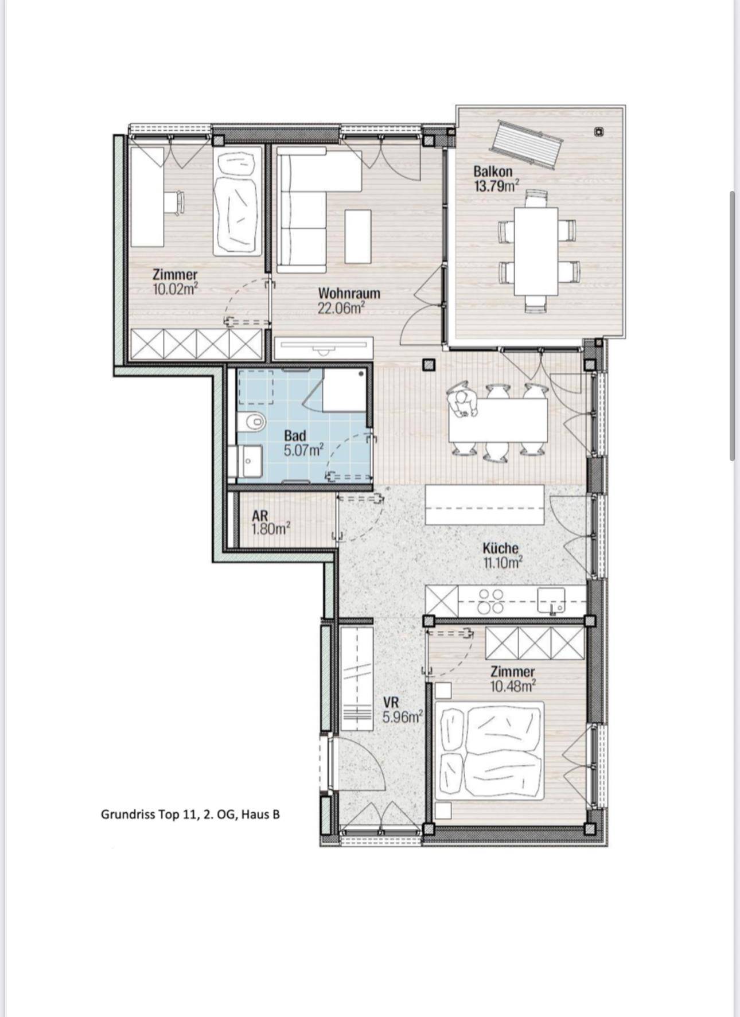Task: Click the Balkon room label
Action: click(x=493, y=171)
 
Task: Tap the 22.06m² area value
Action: click(x=342, y=308)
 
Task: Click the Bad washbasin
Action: click(x=250, y=461)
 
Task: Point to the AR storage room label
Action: click(x=260, y=516)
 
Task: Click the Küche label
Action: click(x=500, y=548)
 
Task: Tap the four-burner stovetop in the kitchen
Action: click(x=491, y=601)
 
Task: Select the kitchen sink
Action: click(x=551, y=601)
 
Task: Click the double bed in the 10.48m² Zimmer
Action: click(x=489, y=750)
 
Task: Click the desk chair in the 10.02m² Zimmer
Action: click(x=176, y=202)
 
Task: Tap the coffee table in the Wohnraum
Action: click(x=358, y=236)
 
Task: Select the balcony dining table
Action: click(x=536, y=251)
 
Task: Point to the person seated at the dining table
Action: click(x=464, y=402)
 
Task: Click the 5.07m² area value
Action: click(x=303, y=450)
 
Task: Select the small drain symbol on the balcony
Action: click(x=599, y=132)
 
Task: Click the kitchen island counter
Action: click(x=485, y=504)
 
